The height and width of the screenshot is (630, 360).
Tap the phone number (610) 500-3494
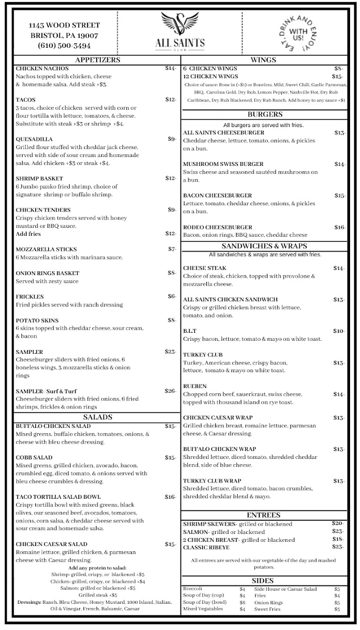pyautogui.click(x=65, y=45)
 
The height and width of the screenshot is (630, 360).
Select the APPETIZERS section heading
pyautogui.click(x=98, y=60)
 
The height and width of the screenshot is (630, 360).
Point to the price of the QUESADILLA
pyautogui.click(x=172, y=139)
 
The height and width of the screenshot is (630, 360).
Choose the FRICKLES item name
pyautogui.click(x=30, y=297)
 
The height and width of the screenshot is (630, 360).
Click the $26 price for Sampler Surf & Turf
pyautogui.click(x=170, y=391)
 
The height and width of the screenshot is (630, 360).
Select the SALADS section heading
pyautogui.click(x=98, y=417)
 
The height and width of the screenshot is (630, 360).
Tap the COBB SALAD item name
pyautogui.click(x=34, y=457)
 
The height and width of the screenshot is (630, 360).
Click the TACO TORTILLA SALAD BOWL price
pyautogui.click(x=170, y=497)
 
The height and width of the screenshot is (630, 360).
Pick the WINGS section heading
pyautogui.click(x=263, y=60)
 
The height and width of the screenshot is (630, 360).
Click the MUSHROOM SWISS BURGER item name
pyautogui.click(x=223, y=164)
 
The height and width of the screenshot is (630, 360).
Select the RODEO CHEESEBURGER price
pyautogui.click(x=340, y=227)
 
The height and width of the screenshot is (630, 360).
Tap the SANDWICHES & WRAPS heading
pyautogui.click(x=264, y=246)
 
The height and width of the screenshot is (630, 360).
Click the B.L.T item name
pyautogui.click(x=190, y=331)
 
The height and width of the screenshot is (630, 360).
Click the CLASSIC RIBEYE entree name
pyautogui.click(x=207, y=547)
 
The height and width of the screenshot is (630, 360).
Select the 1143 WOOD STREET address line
pyautogui.click(x=64, y=25)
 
